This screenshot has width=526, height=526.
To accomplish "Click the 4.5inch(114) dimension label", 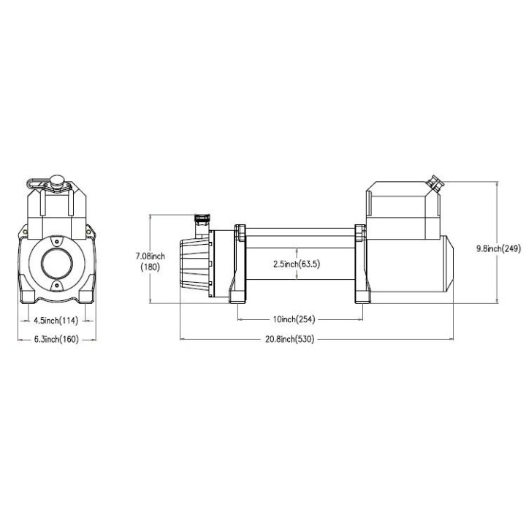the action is point(56,321).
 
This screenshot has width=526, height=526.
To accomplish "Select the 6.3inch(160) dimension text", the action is point(56,339).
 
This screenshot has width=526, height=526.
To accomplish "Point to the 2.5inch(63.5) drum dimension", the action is point(297,264).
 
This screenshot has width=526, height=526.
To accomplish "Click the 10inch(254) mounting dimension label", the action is point(294,319).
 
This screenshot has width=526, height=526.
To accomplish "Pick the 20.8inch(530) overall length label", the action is point(290,339).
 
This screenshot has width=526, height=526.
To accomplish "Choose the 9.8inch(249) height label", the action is point(498,248).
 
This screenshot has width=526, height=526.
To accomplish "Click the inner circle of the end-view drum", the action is point(57,264).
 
